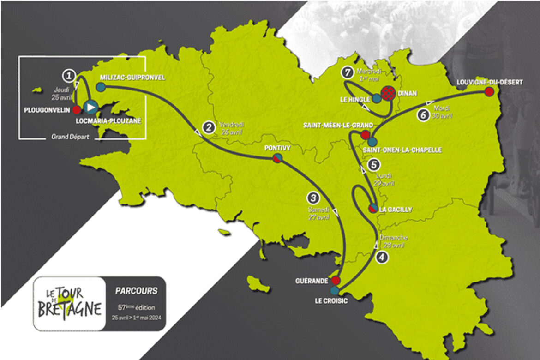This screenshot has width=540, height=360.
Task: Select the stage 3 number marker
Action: tap(313, 198)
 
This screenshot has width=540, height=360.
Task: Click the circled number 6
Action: tap(423, 115)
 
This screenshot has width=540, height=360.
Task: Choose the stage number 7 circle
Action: tap(347, 72)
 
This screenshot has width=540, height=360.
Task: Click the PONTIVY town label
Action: tap(277, 148)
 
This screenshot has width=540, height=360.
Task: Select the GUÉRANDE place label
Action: tap(312, 281)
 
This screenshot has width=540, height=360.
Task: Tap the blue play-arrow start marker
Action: tap(91, 107)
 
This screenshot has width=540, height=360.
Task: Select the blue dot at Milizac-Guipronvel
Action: tap(101, 86)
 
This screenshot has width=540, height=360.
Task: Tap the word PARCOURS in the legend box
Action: tap(136, 291)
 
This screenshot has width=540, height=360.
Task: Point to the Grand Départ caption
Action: tap(64, 137)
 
